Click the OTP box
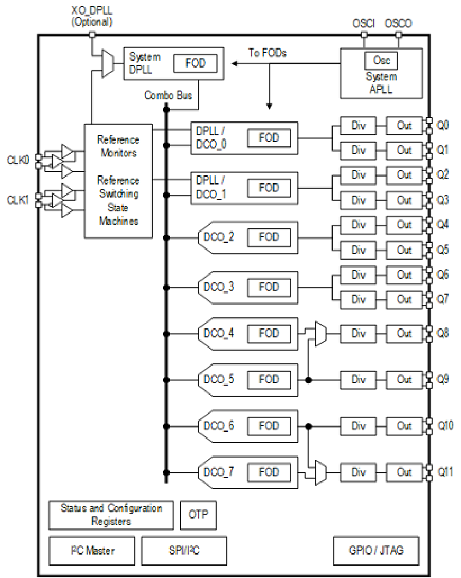click(x=198, y=515)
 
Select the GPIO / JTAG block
click(x=376, y=550)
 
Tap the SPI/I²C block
click(x=184, y=550)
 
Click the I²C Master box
click(x=92, y=550)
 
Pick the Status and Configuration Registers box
click(x=111, y=515)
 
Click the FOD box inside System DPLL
click(x=195, y=63)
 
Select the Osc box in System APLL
click(x=381, y=61)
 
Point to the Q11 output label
click(x=445, y=472)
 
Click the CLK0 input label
click(x=18, y=160)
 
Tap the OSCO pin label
click(x=398, y=23)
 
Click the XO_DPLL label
click(x=92, y=11)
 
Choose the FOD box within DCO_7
click(x=269, y=472)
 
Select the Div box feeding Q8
click(x=358, y=334)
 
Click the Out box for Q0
click(x=404, y=126)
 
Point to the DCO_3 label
click(x=218, y=287)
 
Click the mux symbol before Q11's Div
click(x=320, y=472)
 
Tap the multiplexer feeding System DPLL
click(x=108, y=63)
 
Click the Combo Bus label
click(x=168, y=95)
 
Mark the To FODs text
click(x=267, y=53)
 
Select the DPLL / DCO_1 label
click(x=211, y=187)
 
